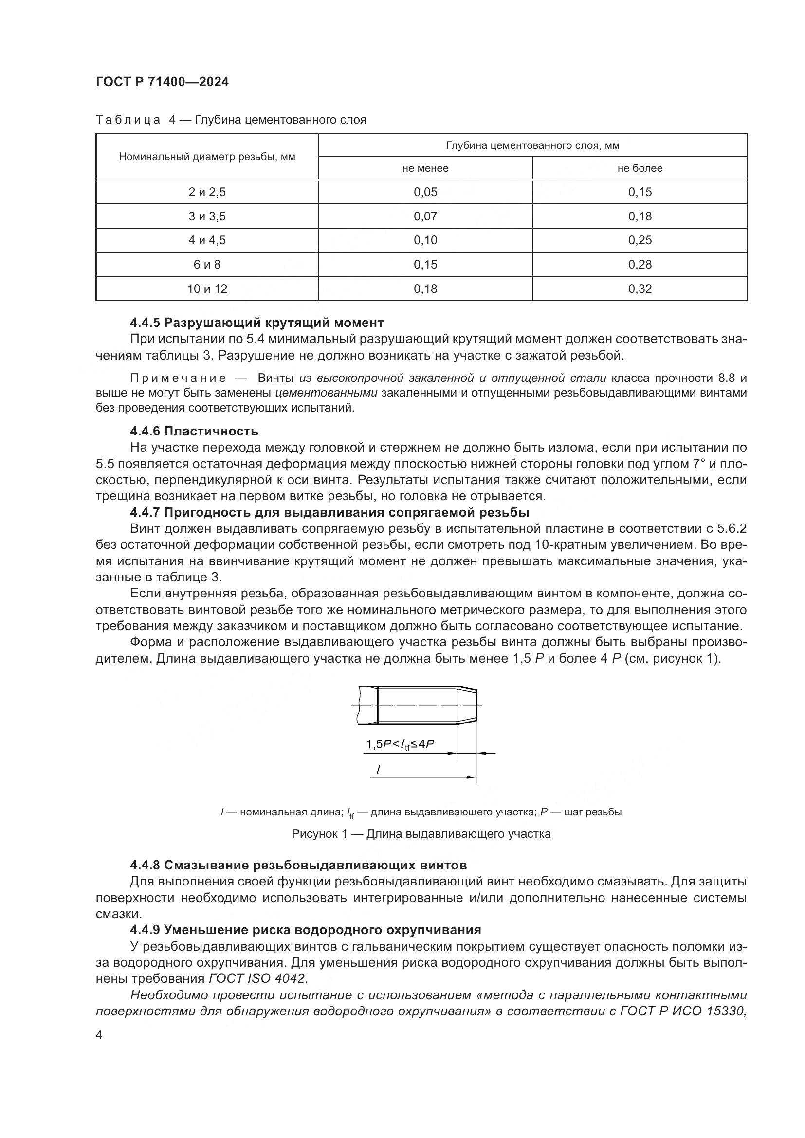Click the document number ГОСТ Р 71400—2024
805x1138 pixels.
pyautogui.click(x=162, y=82)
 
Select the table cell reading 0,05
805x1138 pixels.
pyautogui.click(x=425, y=192)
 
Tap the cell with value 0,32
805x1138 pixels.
pyautogui.click(x=640, y=289)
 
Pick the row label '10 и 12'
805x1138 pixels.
pyautogui.click(x=207, y=289)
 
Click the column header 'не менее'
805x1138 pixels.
pyautogui.click(x=425, y=168)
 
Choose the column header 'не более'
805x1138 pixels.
pyautogui.click(x=640, y=168)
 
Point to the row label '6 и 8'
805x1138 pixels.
pyautogui.click(x=207, y=265)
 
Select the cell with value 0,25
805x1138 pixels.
pyautogui.click(x=640, y=240)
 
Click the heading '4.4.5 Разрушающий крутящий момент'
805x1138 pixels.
pyautogui.click(x=257, y=323)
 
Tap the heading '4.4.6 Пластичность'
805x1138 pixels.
pyautogui.click(x=194, y=431)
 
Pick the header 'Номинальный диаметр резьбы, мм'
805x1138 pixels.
pyautogui.click(x=207, y=157)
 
